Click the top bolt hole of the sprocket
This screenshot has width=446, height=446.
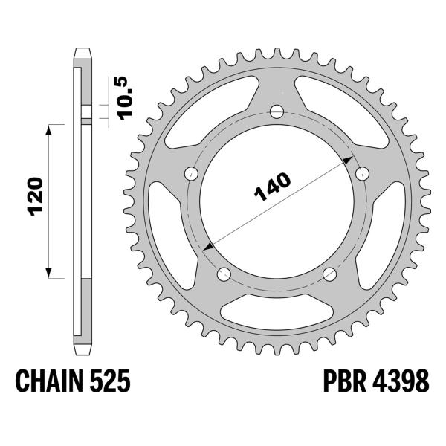pos(277,112)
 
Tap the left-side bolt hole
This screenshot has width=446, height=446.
pos(190,175)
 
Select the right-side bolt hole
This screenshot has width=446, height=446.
pos(363,174)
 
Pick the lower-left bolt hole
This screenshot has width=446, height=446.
pos(223,276)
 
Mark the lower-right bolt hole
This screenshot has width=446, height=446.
pos(331,276)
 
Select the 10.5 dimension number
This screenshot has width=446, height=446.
pos(124,92)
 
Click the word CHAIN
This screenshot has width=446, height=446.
pos(51,382)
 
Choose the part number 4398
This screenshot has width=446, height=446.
pos(401,382)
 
